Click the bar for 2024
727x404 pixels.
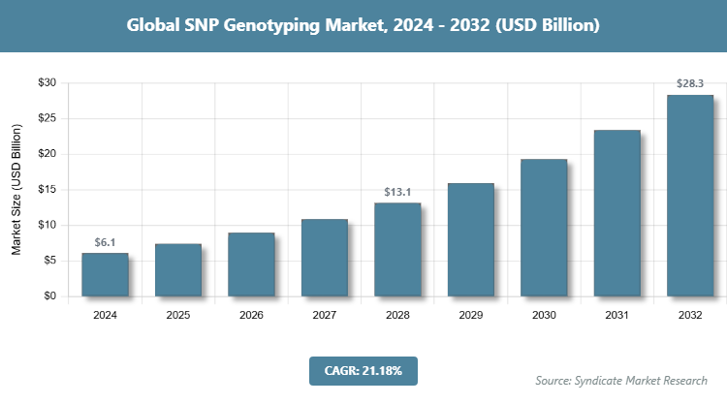click(105, 275)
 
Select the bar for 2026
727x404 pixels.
click(251, 264)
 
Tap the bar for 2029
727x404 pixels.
click(470, 240)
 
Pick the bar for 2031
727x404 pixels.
click(616, 213)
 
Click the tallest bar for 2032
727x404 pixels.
click(690, 196)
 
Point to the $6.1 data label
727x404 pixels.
click(105, 242)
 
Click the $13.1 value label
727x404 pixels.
click(397, 191)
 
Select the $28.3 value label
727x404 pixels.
click(690, 84)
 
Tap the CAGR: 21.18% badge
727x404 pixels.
click(363, 370)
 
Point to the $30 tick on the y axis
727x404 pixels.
click(47, 83)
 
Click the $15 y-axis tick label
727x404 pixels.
click(47, 190)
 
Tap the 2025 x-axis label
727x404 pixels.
click(178, 315)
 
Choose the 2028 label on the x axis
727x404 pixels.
click(397, 315)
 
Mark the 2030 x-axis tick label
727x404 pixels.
click(544, 315)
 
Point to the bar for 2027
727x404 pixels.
click(324, 258)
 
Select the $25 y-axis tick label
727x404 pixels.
click(47, 119)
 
